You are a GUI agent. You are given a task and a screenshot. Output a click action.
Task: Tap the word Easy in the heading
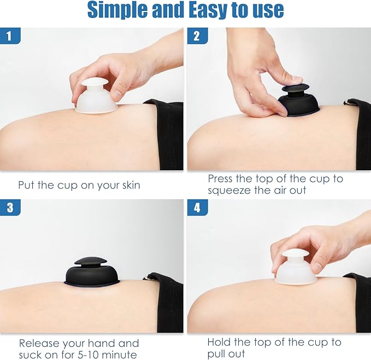pos(205,10)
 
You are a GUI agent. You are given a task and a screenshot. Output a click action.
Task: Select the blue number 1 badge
pos(10,36)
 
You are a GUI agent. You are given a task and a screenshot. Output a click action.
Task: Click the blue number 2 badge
pos(198,36)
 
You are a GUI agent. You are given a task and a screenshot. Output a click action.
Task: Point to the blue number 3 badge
pos(10,207)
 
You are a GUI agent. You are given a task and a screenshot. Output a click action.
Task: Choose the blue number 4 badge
pos(198,207)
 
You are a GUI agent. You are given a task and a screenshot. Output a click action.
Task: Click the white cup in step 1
pos(96,96)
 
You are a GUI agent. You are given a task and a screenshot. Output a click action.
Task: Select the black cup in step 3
pos(91,272)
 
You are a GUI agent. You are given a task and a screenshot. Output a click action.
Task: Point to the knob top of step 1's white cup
pos(95,83)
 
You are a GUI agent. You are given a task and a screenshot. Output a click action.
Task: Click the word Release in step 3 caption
pos(39,343)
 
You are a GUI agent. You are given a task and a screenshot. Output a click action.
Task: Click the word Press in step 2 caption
pos(220,178)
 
